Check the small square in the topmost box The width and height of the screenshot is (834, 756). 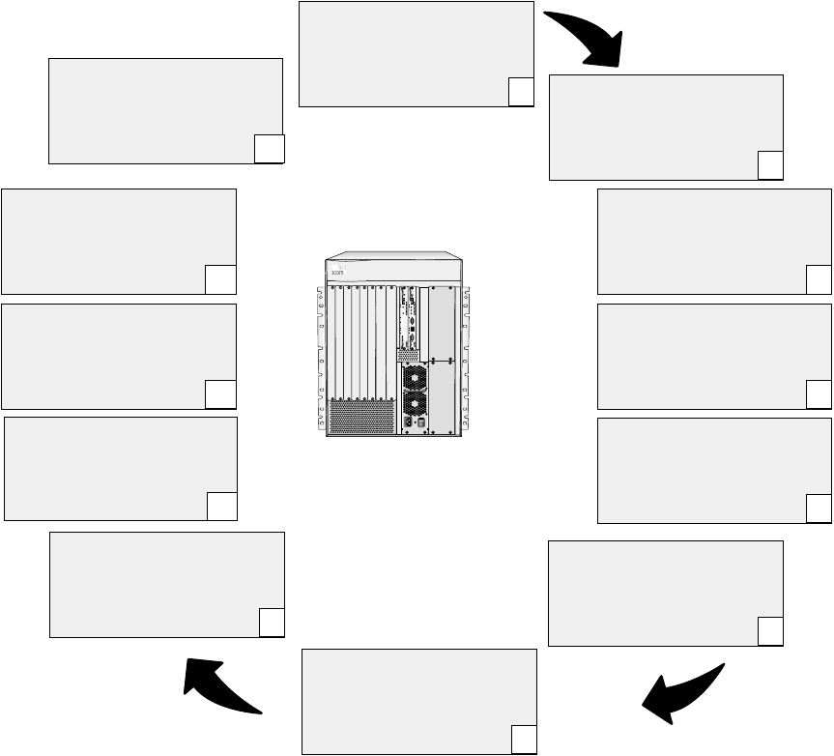[x=520, y=92]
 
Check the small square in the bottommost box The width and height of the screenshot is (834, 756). [x=523, y=741]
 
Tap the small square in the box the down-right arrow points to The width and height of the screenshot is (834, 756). [x=770, y=165]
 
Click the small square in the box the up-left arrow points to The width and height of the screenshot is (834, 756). [x=272, y=624]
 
